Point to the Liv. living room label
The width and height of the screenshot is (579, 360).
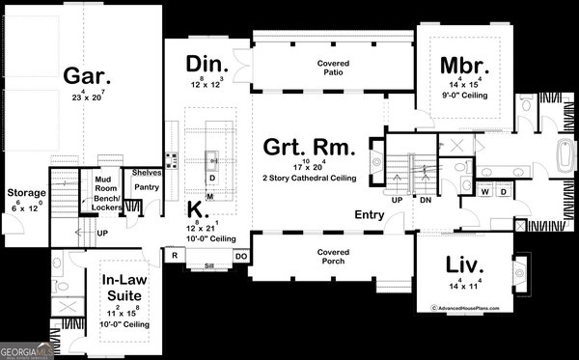point(465,264)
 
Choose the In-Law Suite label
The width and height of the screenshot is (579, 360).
point(123,287)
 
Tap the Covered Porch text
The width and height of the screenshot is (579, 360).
point(333,256)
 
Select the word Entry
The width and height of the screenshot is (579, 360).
point(370,214)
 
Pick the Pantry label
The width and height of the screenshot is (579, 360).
point(147,186)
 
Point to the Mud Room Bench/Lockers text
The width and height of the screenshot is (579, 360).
point(105,193)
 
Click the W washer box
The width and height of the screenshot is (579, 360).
point(485,191)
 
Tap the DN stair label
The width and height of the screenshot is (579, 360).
point(425,201)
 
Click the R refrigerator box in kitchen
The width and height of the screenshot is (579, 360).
point(176,256)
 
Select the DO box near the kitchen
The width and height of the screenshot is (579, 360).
point(241,256)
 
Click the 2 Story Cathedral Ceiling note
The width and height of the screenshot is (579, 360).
point(310,179)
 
